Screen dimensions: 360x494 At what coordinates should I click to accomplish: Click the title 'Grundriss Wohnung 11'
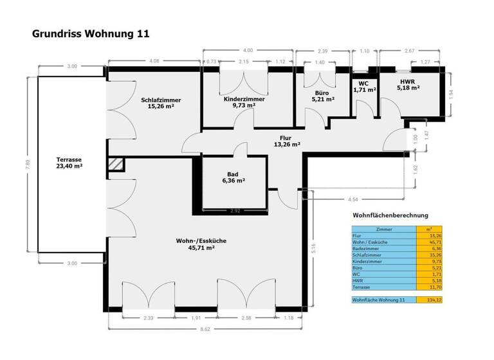coord(91,33)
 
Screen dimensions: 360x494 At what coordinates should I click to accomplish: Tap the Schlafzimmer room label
coord(161,103)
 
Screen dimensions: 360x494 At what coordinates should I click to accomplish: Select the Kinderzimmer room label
coord(244,103)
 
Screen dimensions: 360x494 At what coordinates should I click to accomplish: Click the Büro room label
coord(322,96)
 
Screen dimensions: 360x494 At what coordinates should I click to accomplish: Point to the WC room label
coord(363,87)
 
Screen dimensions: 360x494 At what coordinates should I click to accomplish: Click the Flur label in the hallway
coord(286,141)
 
